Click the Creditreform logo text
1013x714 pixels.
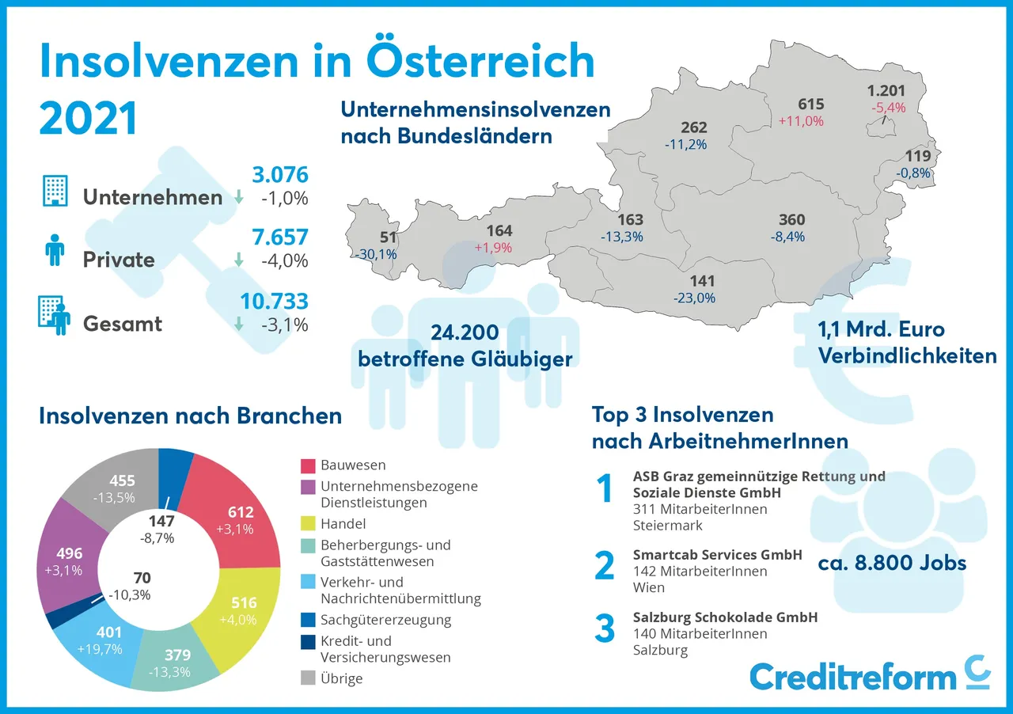(x=852, y=677)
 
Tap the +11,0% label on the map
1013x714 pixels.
(x=801, y=121)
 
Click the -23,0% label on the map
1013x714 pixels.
(x=694, y=298)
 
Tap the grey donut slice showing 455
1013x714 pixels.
(x=119, y=487)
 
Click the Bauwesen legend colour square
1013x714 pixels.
(x=309, y=465)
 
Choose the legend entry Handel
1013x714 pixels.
(x=343, y=523)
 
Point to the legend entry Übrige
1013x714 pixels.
(x=341, y=678)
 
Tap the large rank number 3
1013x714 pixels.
(x=605, y=629)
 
